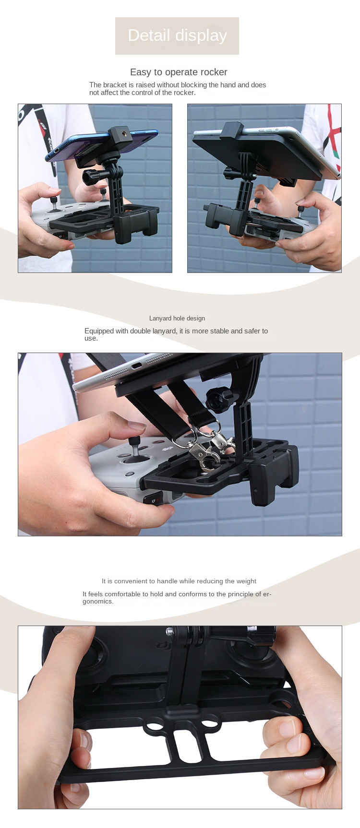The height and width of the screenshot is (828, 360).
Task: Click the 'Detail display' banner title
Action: [x=177, y=35]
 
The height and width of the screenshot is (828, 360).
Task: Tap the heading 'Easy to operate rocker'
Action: [x=179, y=72]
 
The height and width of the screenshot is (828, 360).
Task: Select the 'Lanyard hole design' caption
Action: [x=177, y=318]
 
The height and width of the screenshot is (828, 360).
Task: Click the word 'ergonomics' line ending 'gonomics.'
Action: [x=98, y=602]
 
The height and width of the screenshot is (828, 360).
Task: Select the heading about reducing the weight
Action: [x=179, y=581]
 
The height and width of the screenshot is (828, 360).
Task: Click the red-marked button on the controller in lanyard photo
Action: [x=152, y=499]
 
